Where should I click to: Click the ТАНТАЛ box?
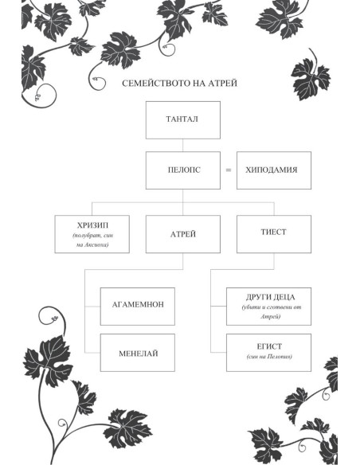click(183, 120)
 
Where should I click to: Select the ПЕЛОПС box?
click(183, 170)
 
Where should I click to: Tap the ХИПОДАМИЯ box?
click(274, 170)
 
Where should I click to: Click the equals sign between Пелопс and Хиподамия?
click(229, 170)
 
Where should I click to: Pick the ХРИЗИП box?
click(92, 234)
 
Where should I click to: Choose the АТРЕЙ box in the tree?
click(183, 234)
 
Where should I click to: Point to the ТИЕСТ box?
click(274, 234)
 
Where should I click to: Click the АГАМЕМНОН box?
click(138, 307)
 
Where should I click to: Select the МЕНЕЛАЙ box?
click(138, 353)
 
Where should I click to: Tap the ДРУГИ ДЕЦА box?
click(268, 307)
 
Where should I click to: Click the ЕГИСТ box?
click(268, 353)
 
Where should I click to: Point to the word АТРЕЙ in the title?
click(223, 84)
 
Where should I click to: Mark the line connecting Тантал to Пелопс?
click(182, 145)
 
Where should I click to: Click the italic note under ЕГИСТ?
click(269, 357)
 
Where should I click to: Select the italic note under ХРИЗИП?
click(92, 240)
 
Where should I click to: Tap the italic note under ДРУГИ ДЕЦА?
click(271, 311)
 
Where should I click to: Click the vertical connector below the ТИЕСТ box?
click(274, 261)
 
